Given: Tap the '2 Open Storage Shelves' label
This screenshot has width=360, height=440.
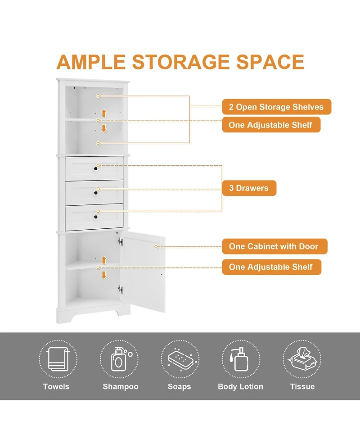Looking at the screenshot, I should click(276, 107).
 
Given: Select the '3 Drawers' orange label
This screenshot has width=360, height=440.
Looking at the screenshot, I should click(249, 188).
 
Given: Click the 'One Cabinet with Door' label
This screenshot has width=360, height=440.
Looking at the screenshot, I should click(274, 246).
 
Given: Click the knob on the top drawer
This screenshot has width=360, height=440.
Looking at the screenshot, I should click(96, 169).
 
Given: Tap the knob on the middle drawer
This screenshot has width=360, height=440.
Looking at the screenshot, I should click(96, 193).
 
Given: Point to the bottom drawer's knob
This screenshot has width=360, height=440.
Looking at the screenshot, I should click(96, 217).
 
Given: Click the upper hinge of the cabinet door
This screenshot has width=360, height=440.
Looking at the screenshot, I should click(120, 241).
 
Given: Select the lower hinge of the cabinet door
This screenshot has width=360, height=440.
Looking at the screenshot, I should click(120, 289).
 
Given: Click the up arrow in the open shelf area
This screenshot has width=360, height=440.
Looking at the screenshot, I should click(103, 113).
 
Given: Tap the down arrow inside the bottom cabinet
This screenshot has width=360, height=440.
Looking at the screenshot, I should click(103, 275).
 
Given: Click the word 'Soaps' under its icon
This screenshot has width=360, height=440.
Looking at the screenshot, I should click(180, 386).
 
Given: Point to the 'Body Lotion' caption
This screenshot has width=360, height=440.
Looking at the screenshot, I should click(240, 386).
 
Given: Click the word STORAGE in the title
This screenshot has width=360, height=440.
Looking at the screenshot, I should click(180, 62).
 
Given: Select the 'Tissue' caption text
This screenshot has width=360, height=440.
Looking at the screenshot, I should click(302, 386).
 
